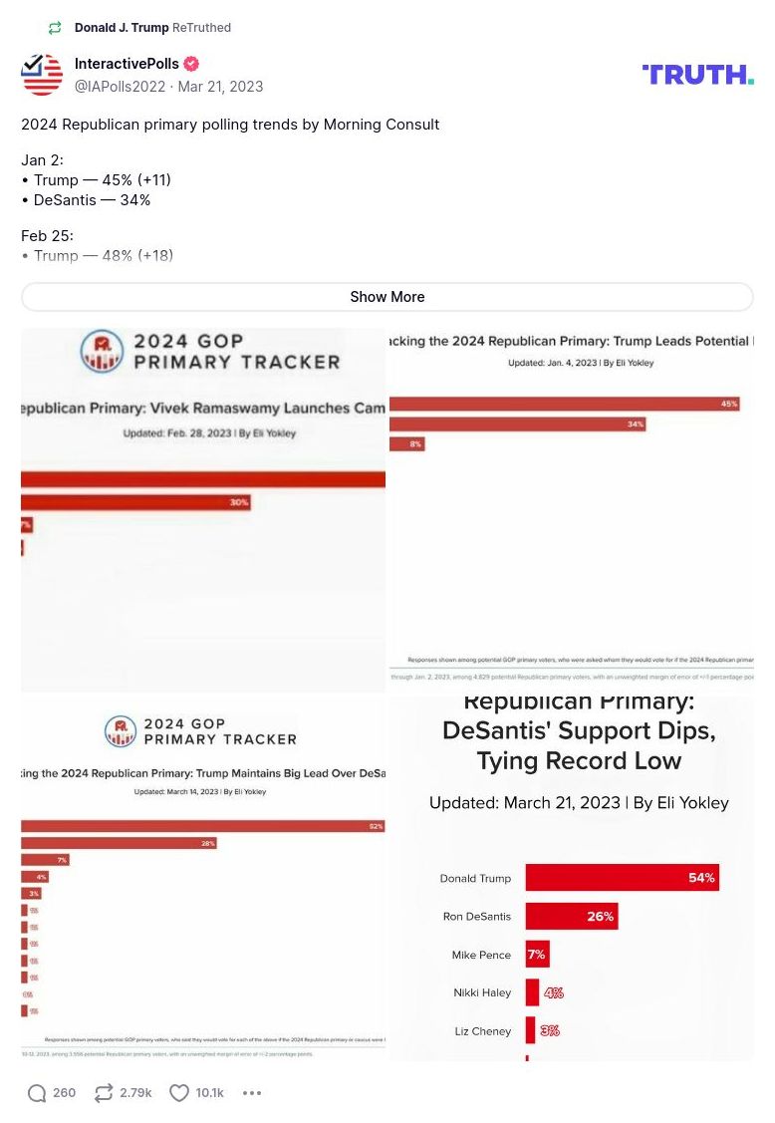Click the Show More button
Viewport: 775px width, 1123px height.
387,297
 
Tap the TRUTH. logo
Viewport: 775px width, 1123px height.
697,75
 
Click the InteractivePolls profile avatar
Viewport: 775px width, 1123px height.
42,75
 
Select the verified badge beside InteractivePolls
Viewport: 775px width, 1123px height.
190,64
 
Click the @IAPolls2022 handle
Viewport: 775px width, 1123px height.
120,87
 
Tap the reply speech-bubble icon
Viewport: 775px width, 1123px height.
37,1093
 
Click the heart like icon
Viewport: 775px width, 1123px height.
179,1093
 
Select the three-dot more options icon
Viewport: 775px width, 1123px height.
252,1093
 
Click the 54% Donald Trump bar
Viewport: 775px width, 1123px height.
622,878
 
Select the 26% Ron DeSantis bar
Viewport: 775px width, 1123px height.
571,916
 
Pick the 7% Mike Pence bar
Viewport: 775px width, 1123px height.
537,955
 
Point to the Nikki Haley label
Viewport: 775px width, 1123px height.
482,992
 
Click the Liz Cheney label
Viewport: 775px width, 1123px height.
483,1031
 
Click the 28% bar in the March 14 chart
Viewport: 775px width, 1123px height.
119,843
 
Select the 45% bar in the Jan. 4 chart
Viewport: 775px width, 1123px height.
564,404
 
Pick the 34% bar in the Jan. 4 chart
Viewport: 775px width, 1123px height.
517,423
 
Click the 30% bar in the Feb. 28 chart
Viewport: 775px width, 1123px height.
135,502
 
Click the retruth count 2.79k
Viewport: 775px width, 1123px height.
135,1093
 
